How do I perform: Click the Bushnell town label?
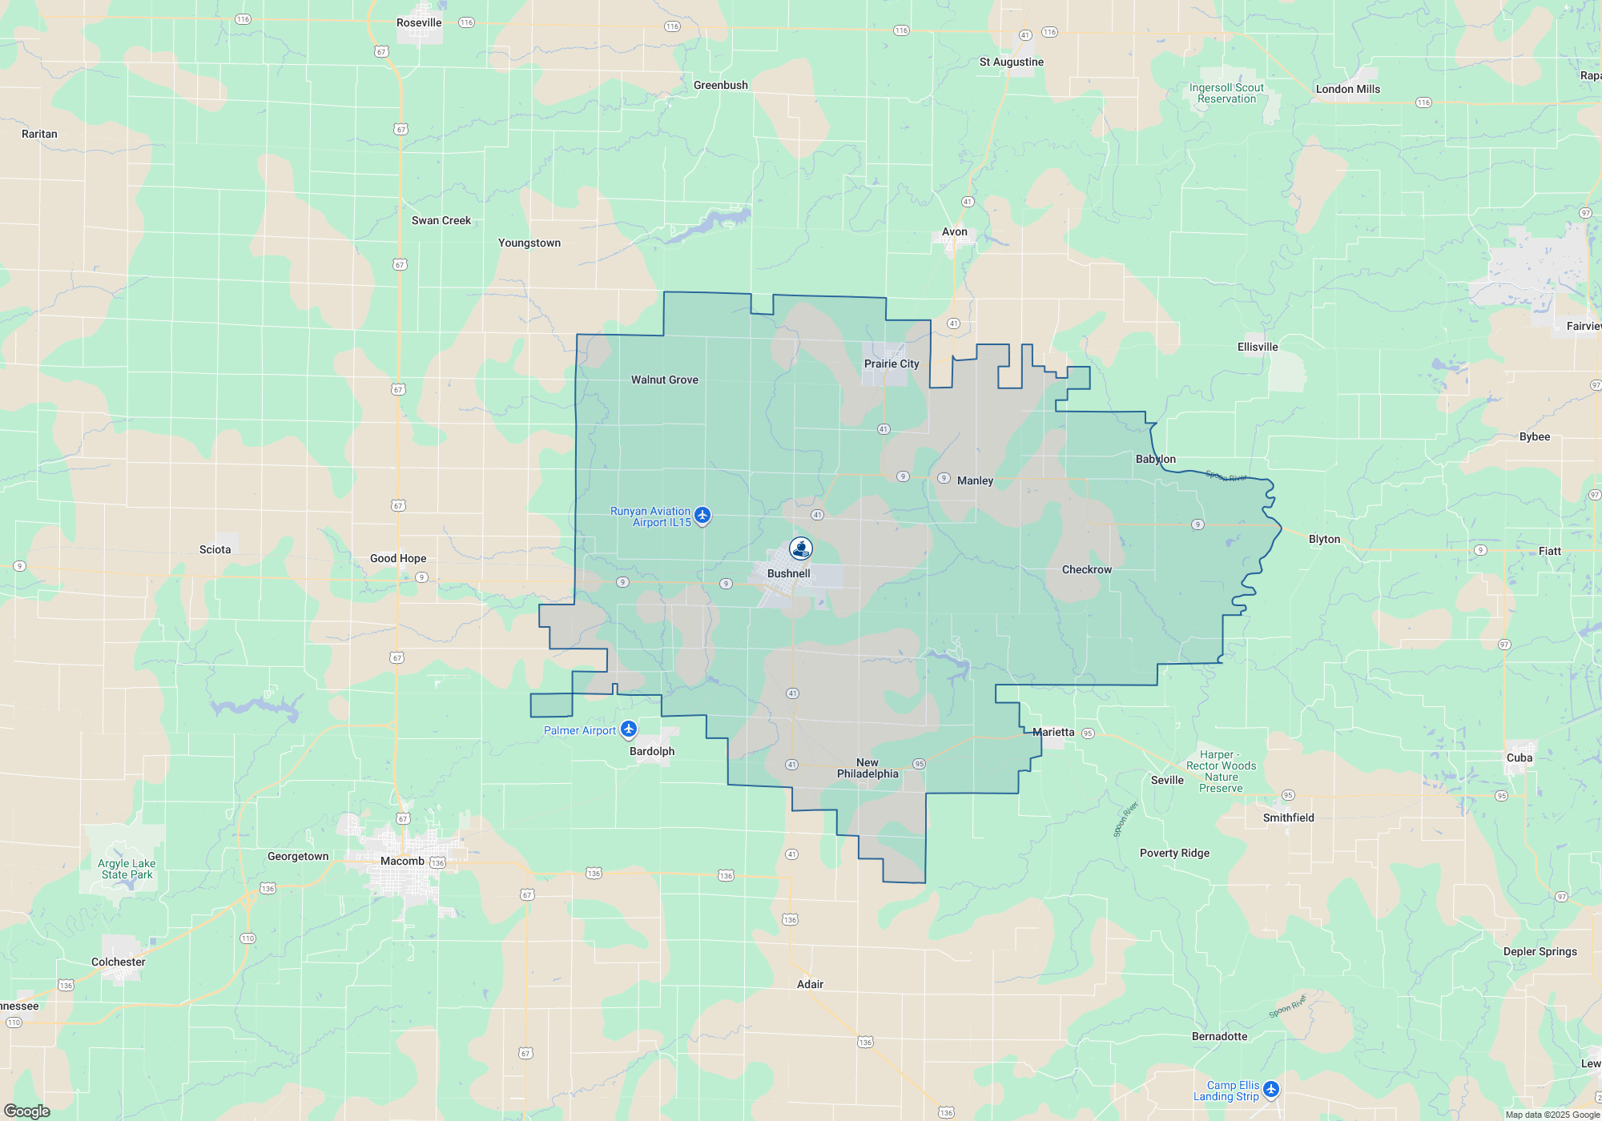click(x=788, y=573)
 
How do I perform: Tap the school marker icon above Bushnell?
click(x=801, y=548)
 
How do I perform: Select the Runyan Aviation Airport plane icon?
click(x=702, y=515)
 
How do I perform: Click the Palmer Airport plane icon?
click(x=629, y=729)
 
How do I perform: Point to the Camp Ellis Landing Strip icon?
click(x=1271, y=1090)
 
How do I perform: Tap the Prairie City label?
click(x=892, y=364)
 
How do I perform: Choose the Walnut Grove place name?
click(x=664, y=380)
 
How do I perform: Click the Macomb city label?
click(x=402, y=861)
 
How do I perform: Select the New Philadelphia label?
click(x=867, y=768)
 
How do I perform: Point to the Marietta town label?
click(x=1053, y=732)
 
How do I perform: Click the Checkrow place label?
click(x=1086, y=569)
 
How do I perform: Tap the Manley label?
click(x=975, y=480)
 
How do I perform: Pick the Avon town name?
click(x=954, y=231)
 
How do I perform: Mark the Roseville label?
click(x=419, y=22)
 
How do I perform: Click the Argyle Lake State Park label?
click(x=127, y=869)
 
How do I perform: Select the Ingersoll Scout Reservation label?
click(x=1226, y=93)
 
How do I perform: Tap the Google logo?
click(x=27, y=1111)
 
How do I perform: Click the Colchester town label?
click(x=119, y=962)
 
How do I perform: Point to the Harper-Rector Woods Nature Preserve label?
click(x=1221, y=771)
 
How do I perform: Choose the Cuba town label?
click(x=1519, y=757)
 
